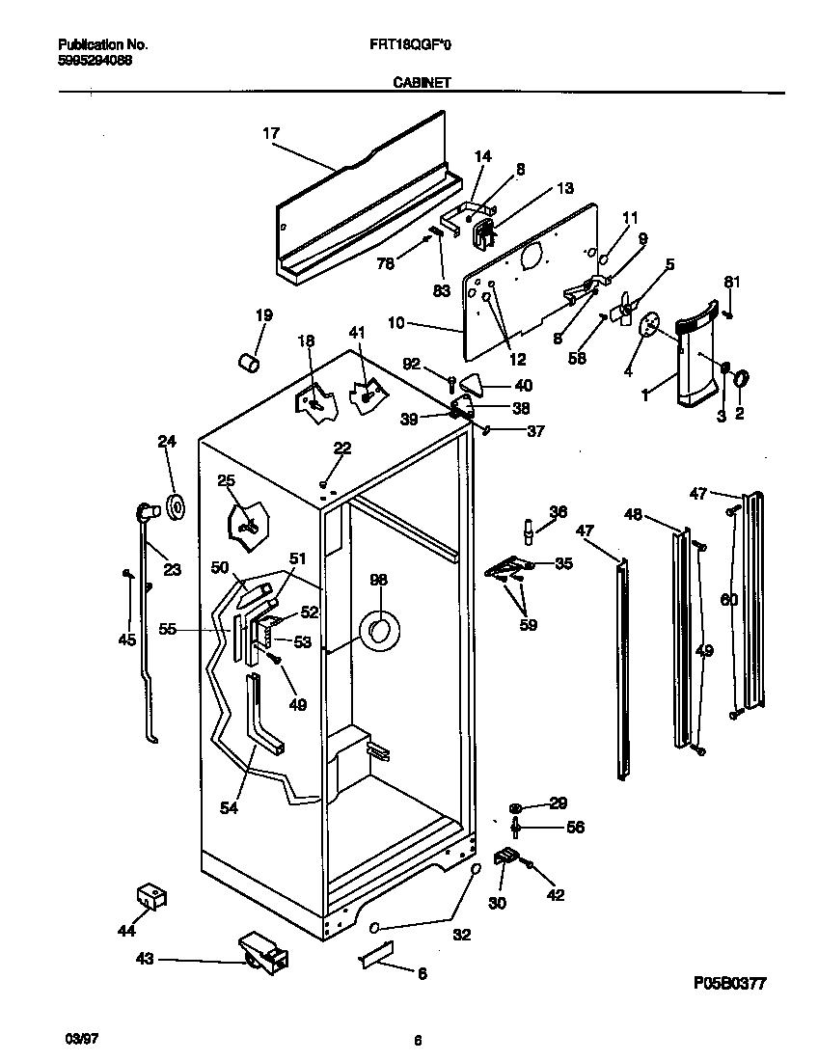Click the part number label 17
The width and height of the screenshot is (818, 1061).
[270, 135]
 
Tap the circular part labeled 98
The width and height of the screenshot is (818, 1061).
[377, 633]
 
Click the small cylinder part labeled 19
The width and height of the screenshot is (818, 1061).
[250, 363]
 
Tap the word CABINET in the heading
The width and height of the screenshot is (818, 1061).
[422, 84]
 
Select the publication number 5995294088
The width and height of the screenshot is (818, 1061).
[95, 59]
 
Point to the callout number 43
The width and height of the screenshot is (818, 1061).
[145, 959]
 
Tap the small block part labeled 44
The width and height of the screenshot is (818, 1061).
[152, 896]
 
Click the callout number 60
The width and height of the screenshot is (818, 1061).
[728, 600]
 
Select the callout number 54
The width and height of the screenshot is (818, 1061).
[229, 808]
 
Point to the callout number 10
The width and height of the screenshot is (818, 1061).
[397, 323]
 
